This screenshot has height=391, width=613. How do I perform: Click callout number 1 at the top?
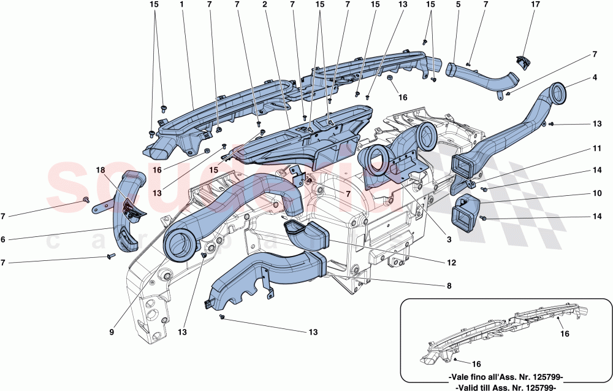(182, 4)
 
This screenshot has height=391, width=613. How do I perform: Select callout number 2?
(264, 4)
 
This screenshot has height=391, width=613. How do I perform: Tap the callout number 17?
(535, 4)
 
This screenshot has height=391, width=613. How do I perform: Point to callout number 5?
(457, 4)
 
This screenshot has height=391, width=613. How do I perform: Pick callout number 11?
(595, 148)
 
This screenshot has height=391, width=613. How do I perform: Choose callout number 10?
(595, 193)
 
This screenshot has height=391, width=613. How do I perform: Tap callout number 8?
(449, 285)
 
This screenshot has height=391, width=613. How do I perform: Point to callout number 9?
(112, 332)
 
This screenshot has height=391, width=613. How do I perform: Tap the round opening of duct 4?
(558, 93)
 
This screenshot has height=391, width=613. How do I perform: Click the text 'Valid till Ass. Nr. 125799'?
(506, 387)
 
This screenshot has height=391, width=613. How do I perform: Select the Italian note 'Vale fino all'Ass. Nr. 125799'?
(506, 377)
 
